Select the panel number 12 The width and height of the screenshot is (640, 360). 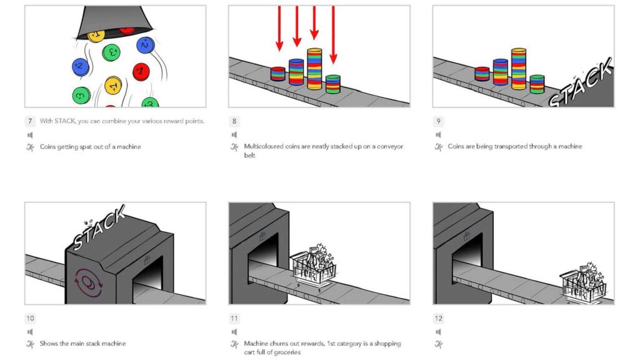point(439,318)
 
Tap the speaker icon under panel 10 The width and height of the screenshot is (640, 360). point(30,332)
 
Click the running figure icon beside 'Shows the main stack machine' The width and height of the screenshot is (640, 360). point(30,344)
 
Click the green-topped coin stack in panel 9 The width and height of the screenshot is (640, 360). point(537,84)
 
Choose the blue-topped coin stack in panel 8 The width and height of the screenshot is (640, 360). point(296,72)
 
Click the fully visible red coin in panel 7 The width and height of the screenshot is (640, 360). point(141,71)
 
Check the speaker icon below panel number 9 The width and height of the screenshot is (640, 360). point(438,134)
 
